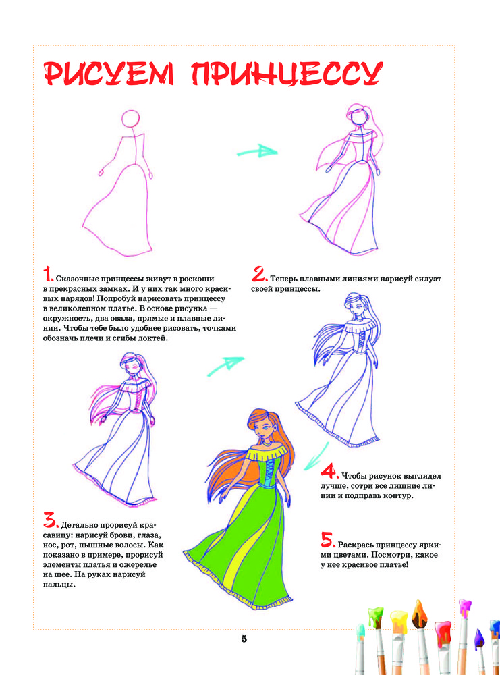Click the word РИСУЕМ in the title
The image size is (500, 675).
(109, 73)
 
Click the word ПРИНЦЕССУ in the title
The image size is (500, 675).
(287, 73)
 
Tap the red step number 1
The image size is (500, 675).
(48, 274)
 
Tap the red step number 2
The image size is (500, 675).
(260, 274)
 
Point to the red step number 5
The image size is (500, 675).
(328, 539)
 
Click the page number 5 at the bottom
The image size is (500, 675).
(244, 639)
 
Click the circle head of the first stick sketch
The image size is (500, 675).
(131, 118)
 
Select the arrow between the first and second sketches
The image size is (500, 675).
(257, 151)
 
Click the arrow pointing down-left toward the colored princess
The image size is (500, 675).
(316, 457)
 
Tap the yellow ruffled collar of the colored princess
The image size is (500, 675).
(267, 454)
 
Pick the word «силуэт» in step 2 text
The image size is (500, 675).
(428, 279)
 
